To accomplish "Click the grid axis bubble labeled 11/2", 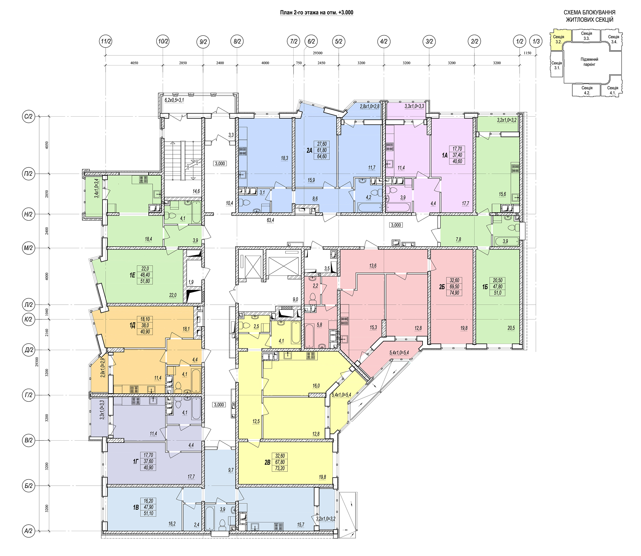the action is pyautogui.click(x=106, y=41).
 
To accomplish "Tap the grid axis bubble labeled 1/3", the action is pyautogui.click(x=536, y=41).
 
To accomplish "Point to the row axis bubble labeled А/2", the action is pyautogui.click(x=28, y=531).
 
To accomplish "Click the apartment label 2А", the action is pyautogui.click(x=309, y=150).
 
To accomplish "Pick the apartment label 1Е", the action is pyautogui.click(x=132, y=275).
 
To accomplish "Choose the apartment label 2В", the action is pyautogui.click(x=267, y=462).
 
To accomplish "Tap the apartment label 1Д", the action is pyautogui.click(x=132, y=325).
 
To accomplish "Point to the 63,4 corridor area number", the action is pyautogui.click(x=270, y=220).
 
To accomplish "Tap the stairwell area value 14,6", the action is pyautogui.click(x=196, y=191).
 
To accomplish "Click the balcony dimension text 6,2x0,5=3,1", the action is pyautogui.click(x=174, y=100).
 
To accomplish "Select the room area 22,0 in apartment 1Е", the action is pyautogui.click(x=173, y=295).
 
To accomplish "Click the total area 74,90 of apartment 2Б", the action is pyautogui.click(x=454, y=293).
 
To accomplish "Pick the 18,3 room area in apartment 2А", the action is pyautogui.click(x=285, y=158).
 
